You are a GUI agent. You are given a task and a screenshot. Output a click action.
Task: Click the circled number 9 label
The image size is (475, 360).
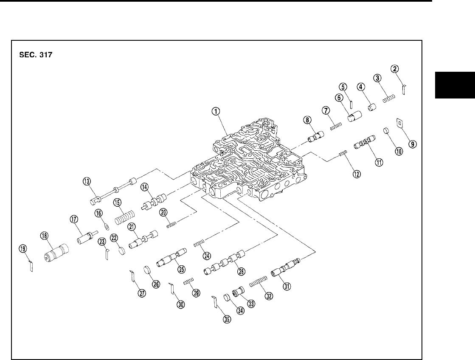click(411, 143)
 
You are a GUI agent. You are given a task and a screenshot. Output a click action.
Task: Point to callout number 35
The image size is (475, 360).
click(227, 320)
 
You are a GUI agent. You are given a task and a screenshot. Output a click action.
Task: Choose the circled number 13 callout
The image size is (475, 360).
click(87, 182)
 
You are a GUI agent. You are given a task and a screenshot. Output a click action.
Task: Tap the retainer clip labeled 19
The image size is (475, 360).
click(31, 266)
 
